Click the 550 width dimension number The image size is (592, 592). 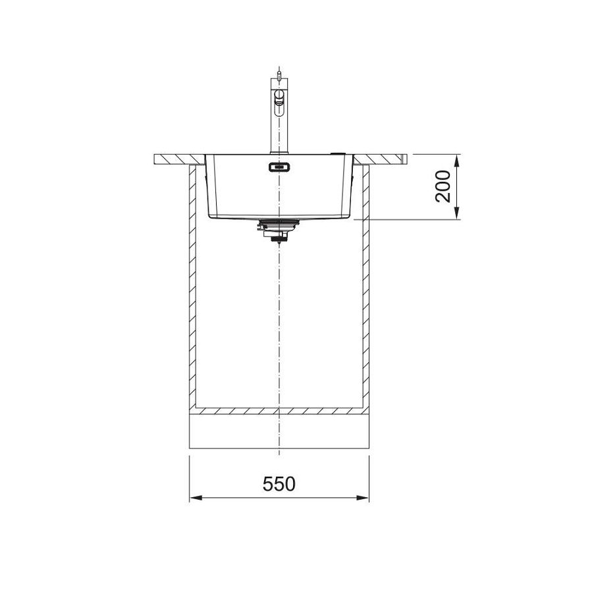tap(279, 484)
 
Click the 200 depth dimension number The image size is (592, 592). tap(444, 186)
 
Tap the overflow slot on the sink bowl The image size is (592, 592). tap(279, 167)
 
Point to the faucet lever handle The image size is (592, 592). tap(280, 99)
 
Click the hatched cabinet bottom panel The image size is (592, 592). tap(279, 411)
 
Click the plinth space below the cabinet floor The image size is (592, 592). tap(279, 431)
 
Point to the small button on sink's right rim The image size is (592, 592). tap(337, 153)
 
